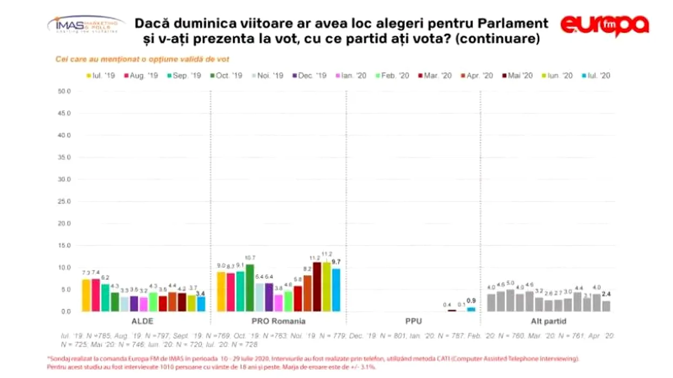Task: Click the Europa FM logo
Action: click(604, 25)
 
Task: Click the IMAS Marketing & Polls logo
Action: click(85, 24)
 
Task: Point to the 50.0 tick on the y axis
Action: click(64, 91)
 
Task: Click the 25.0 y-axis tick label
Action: click(64, 201)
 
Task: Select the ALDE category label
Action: click(143, 321)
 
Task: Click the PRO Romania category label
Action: click(278, 321)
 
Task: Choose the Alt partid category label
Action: click(548, 321)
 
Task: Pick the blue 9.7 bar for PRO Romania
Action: click(336, 290)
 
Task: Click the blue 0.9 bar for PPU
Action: click(471, 309)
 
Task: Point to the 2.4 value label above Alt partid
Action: click(606, 294)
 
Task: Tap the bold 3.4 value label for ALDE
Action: click(201, 293)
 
